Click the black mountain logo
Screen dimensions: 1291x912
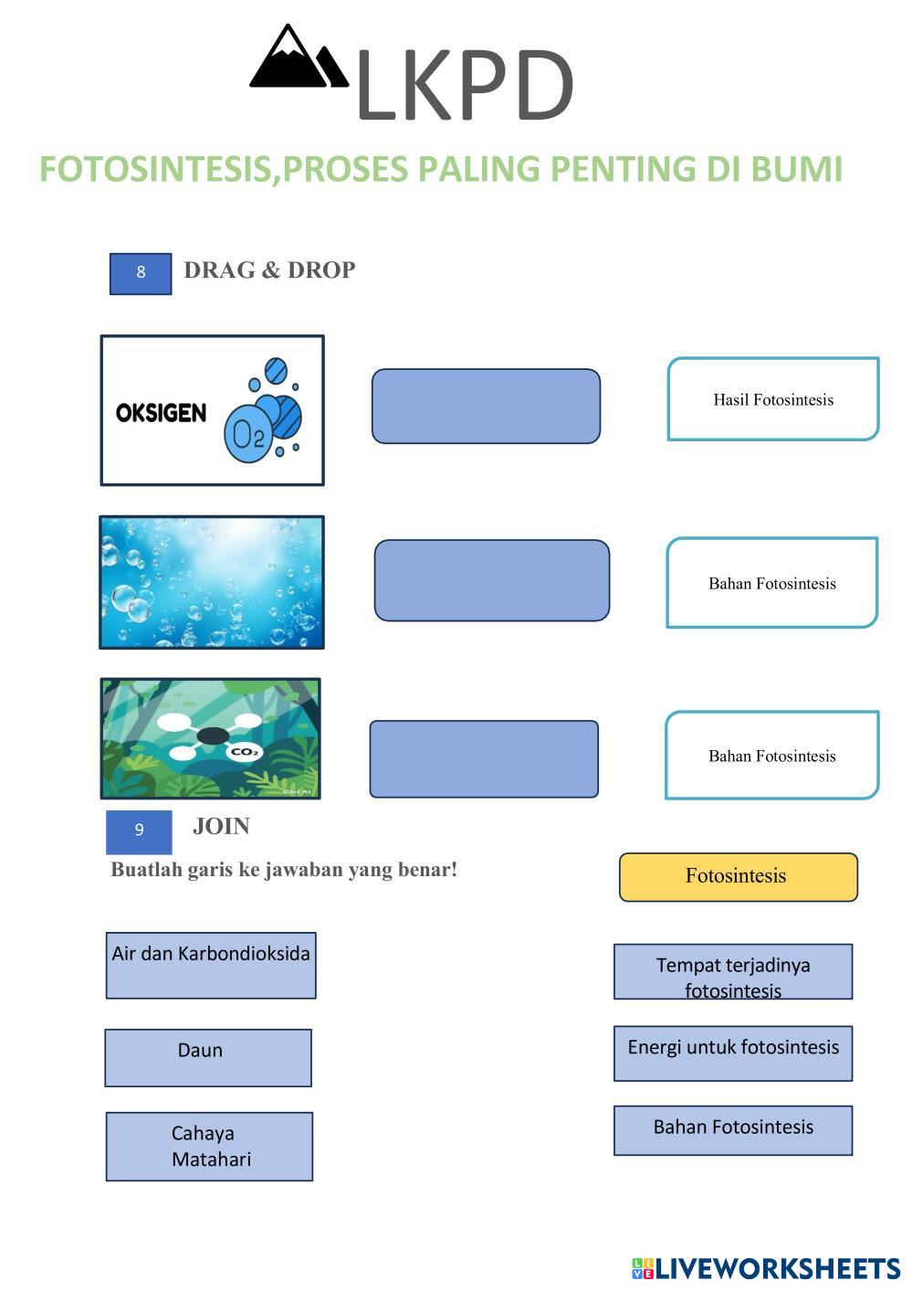pyautogui.click(x=299, y=59)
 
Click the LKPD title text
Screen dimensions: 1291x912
pyautogui.click(x=464, y=87)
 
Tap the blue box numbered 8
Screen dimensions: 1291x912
pyautogui.click(x=141, y=273)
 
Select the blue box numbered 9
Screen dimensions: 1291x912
pyautogui.click(x=139, y=831)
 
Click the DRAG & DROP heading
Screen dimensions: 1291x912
pyautogui.click(x=269, y=270)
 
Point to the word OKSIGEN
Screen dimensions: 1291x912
pyautogui.click(x=161, y=413)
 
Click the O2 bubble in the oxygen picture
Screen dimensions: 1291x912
pyautogui.click(x=248, y=433)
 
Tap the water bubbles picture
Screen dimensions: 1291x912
pyautogui.click(x=212, y=582)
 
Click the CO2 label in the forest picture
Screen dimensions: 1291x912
pyautogui.click(x=245, y=752)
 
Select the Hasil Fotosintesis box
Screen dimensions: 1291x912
pyautogui.click(x=772, y=399)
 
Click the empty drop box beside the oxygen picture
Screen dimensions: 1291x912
pyautogui.click(x=486, y=407)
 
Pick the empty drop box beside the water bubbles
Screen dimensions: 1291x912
pyautogui.click(x=491, y=580)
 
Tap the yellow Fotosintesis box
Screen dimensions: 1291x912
pyautogui.click(x=738, y=877)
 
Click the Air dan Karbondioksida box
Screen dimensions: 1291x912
pyautogui.click(x=211, y=965)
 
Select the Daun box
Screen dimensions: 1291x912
pyautogui.click(x=208, y=1057)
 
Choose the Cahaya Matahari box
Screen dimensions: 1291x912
pyautogui.click(x=209, y=1146)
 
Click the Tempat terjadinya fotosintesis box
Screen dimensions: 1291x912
pyautogui.click(x=733, y=972)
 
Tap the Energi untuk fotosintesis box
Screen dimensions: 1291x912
pyautogui.click(x=733, y=1053)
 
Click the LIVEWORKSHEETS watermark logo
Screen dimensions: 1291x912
pyautogui.click(x=765, y=1268)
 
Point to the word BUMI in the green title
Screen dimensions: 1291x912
pyautogui.click(x=796, y=169)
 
